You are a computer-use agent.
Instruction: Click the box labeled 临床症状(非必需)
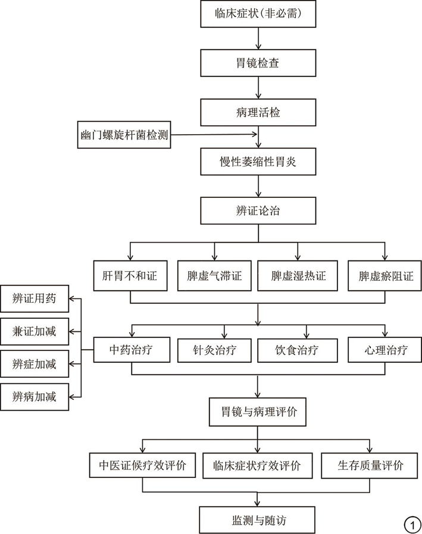258,13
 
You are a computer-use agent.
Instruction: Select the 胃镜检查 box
258,61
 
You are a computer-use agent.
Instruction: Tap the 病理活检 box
258,111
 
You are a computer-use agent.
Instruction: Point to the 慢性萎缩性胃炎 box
258,160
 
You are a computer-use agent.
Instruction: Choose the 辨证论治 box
258,210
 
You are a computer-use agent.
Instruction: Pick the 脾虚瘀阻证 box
383,276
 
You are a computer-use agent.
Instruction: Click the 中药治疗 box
131,349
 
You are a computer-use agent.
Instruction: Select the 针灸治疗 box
214,349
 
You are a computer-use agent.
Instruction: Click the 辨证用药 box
35,300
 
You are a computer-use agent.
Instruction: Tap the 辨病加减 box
35,396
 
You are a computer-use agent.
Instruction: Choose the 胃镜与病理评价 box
258,412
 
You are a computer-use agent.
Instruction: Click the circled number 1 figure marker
411,525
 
